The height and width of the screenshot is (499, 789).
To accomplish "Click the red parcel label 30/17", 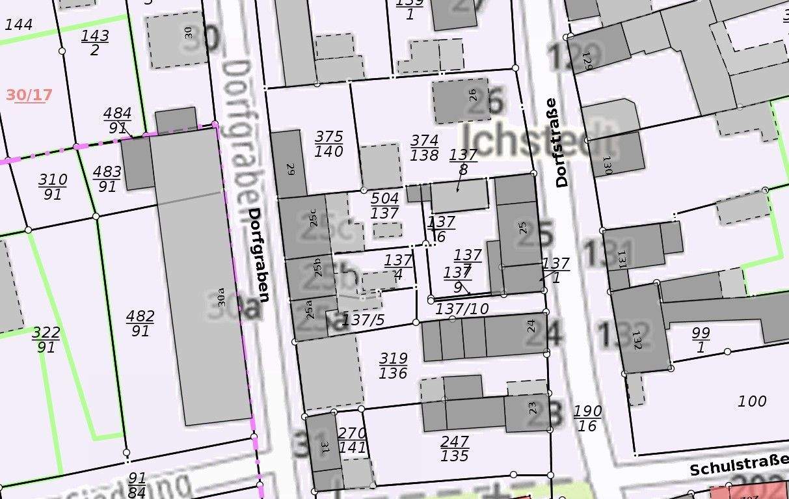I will coord(29,95).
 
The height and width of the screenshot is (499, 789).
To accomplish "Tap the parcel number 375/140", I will coord(328,144).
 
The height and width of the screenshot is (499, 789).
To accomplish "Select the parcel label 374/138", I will coord(425,148).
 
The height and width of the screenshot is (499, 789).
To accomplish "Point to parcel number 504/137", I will coord(384,205).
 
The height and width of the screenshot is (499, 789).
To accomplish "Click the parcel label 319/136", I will coord(394,366).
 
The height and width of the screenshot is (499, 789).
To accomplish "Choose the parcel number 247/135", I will coord(455,449).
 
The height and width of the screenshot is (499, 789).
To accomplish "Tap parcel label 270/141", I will coord(353,440).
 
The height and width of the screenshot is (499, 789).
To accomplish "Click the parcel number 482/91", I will coord(140,323).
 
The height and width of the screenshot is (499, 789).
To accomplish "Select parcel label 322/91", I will coord(46,340).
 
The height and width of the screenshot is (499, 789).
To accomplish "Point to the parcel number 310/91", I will coord(53,186).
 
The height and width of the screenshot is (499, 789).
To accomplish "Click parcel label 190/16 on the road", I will coord(587,418).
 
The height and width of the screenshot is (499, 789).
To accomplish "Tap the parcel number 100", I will coord(752,401).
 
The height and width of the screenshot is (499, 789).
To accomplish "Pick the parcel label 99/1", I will coord(701,340).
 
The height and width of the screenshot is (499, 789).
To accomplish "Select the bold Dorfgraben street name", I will coord(259,255).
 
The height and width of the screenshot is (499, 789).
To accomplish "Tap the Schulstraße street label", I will coord(739,467).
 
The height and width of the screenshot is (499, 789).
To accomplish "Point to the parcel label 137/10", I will coord(462,308).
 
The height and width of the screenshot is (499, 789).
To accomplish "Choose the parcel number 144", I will coord(18,25).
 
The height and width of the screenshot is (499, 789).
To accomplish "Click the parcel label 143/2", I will coord(95,43).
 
